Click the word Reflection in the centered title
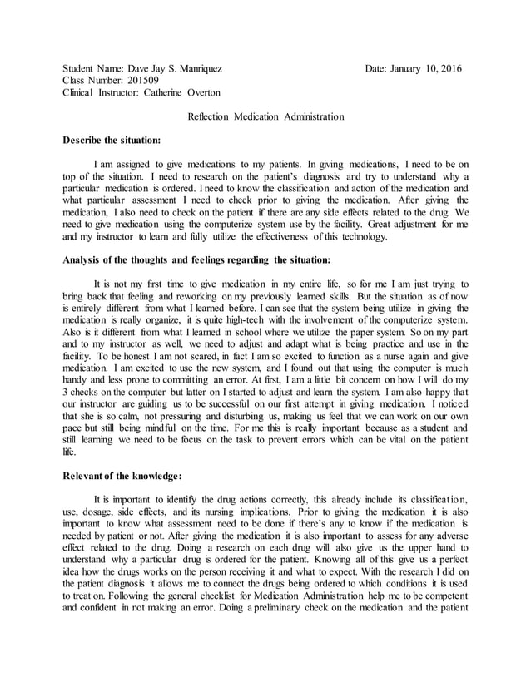tap(211, 117)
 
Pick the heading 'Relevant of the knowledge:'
tap(122, 477)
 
